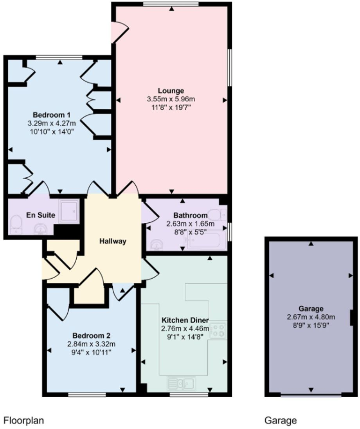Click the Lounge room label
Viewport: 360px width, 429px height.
point(171,91)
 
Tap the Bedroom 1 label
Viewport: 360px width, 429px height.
point(51,115)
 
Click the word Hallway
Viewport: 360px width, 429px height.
point(113,241)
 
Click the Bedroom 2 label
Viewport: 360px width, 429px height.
point(92,336)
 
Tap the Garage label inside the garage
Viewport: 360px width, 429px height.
point(311,309)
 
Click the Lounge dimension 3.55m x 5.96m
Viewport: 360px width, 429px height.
point(171,99)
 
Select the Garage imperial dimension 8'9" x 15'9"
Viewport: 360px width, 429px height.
point(311,325)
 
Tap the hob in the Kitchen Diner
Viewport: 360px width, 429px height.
point(218,330)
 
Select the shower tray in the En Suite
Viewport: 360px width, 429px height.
point(69,212)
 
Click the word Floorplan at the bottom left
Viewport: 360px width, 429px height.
point(23,421)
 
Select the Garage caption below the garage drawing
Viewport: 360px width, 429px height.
point(281,421)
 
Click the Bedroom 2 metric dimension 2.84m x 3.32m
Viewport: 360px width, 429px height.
point(92,344)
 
